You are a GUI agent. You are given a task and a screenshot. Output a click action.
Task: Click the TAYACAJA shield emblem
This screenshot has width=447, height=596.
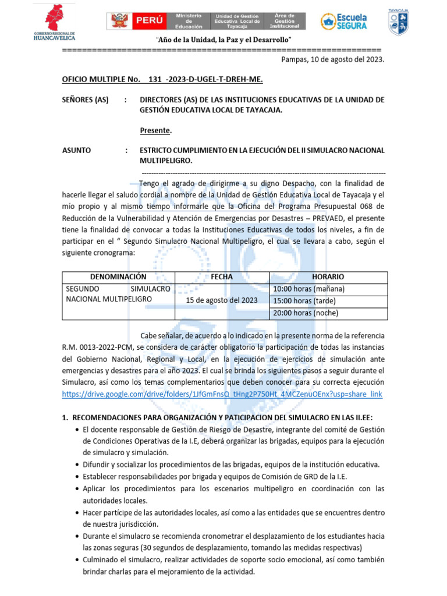pos(398,22)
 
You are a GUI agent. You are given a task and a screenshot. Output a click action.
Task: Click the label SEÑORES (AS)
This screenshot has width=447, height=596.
pos(86,100)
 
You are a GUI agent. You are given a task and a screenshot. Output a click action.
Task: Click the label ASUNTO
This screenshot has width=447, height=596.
pos(76,150)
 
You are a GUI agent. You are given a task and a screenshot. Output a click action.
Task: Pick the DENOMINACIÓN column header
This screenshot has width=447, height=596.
pos(118,277)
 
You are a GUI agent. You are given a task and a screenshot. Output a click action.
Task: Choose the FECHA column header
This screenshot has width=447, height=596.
pos(222,277)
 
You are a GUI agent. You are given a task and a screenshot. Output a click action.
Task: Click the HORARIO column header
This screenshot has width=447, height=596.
pos(328,277)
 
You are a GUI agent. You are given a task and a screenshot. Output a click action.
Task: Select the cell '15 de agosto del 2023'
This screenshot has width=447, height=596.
pos(222,300)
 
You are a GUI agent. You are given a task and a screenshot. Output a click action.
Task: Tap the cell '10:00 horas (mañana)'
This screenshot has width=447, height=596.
pos(308,289)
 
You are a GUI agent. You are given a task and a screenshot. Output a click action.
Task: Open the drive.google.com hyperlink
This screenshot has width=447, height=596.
pos(222,395)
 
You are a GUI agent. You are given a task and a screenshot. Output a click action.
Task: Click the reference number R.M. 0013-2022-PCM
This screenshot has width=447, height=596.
pos(99,347)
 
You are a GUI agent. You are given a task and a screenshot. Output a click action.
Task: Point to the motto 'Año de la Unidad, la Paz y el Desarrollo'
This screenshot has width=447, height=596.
pos(224,40)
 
